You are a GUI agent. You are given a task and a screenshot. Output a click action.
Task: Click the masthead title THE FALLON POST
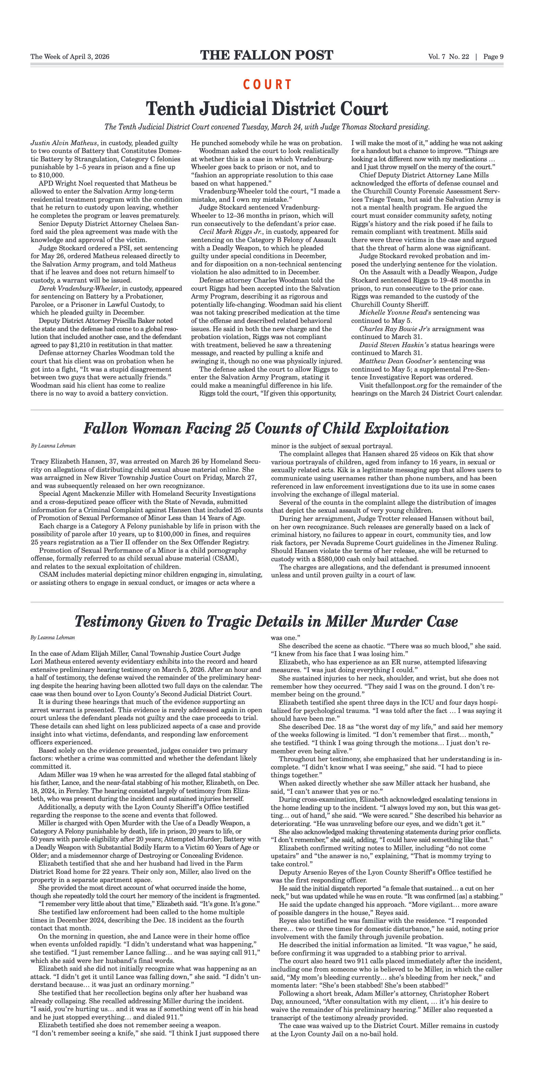(267, 55)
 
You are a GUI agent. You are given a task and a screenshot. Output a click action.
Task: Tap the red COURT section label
(267, 85)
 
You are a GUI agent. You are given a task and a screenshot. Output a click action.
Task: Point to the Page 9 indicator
(493, 57)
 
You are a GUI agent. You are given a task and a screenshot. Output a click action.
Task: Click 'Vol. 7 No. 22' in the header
(449, 57)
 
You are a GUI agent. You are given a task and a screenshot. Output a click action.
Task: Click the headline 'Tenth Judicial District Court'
(267, 109)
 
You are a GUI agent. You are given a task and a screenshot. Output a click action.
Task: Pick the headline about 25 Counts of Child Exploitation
(266, 428)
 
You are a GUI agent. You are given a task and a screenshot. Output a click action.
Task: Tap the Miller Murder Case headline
(266, 621)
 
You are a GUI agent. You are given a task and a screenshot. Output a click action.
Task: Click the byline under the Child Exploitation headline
(53, 446)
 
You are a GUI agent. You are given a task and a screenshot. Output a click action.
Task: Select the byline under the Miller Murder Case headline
(53, 638)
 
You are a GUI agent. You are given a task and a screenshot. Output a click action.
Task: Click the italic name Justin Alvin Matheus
(63, 143)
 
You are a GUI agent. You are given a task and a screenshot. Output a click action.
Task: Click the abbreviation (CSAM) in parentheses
(225, 558)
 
